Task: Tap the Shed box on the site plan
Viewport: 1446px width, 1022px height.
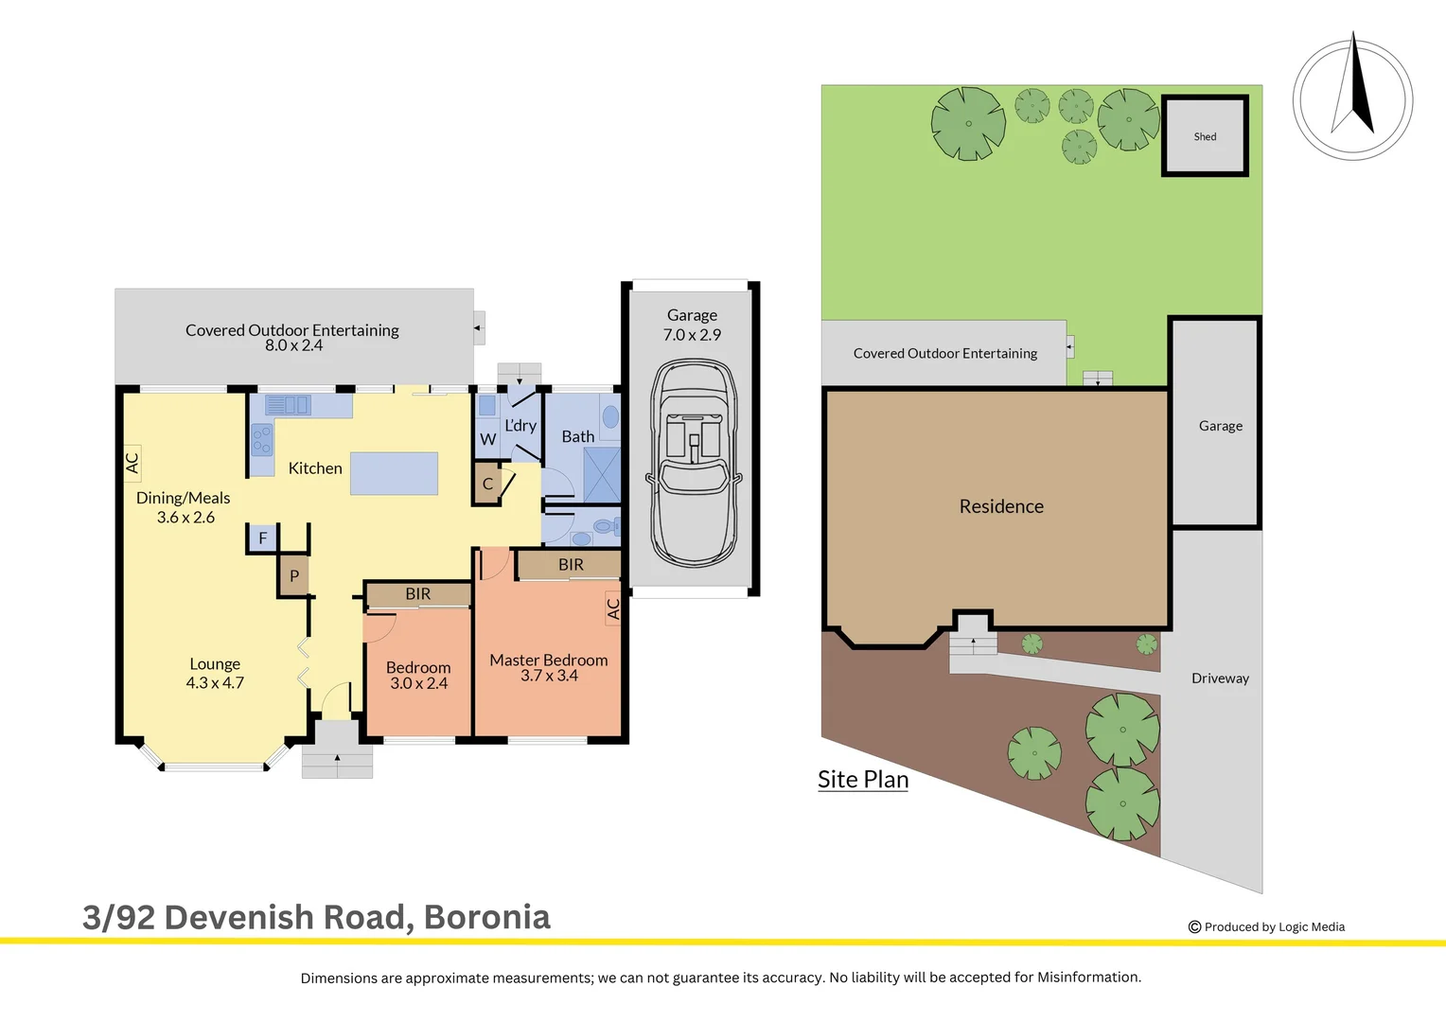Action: tap(1205, 136)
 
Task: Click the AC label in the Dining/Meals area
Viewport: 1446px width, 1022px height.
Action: tap(132, 463)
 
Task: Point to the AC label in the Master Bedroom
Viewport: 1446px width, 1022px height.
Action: tap(612, 608)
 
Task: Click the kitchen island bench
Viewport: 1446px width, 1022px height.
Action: tap(394, 473)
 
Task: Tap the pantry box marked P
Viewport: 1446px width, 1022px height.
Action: tap(294, 575)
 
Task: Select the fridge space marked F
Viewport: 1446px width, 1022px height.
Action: tap(262, 538)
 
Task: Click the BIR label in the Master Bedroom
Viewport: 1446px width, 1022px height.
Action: tap(571, 565)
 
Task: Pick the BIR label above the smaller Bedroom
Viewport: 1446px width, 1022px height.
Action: tap(417, 594)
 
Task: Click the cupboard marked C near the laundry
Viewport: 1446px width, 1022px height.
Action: tap(487, 484)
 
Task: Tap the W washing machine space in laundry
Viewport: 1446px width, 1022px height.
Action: tap(487, 439)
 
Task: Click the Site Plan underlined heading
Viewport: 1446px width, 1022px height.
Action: tap(862, 780)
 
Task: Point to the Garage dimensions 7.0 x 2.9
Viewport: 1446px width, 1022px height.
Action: tap(692, 335)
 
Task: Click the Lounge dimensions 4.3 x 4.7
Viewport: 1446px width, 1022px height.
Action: tap(215, 683)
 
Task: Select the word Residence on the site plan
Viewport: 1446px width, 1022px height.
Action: tap(1001, 506)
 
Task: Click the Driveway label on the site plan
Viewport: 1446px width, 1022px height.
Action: tap(1220, 678)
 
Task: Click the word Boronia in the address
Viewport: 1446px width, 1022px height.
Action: tap(486, 917)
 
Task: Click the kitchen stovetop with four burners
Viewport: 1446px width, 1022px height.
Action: tap(261, 440)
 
